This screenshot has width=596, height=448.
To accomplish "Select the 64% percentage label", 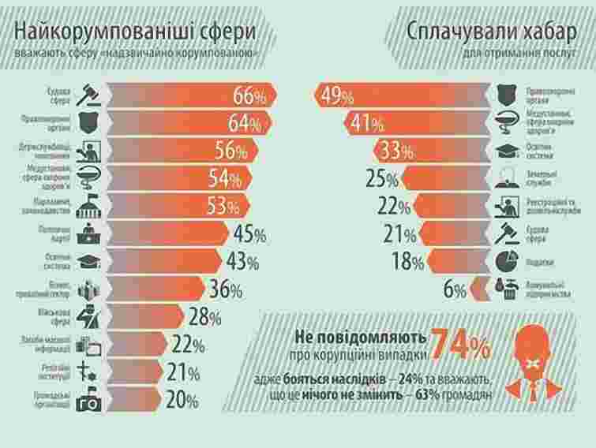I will click(x=246, y=124).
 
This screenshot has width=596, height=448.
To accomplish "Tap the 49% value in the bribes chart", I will click(x=337, y=95).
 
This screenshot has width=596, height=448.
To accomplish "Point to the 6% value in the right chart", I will click(x=454, y=289).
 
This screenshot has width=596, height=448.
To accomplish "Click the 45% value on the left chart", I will click(x=249, y=234).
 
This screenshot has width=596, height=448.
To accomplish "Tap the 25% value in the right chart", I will click(x=380, y=178).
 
